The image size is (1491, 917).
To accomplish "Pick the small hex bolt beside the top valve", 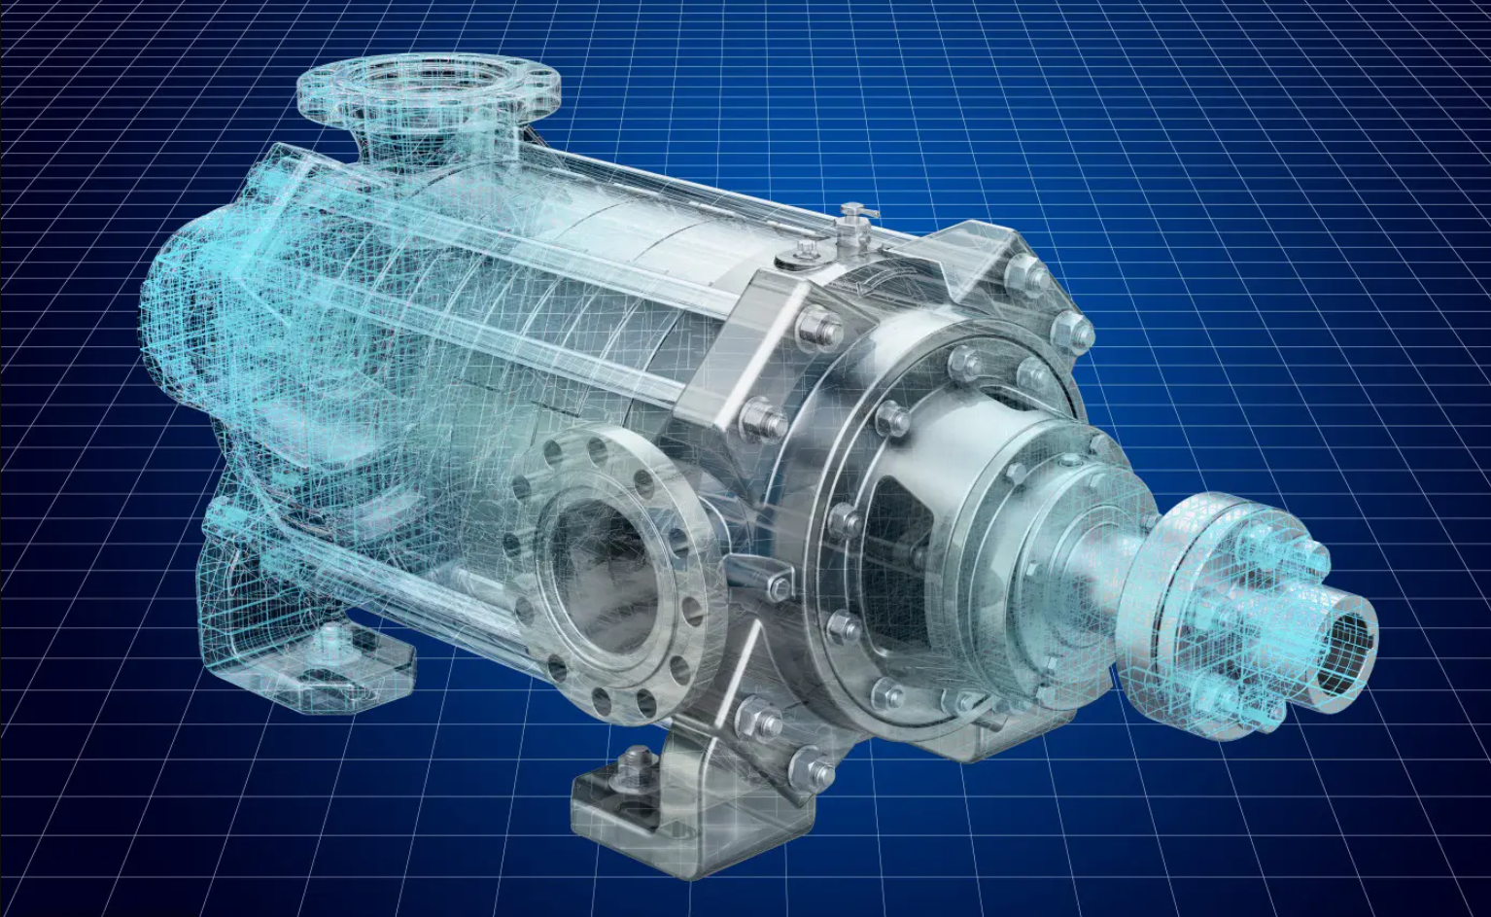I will (805, 255).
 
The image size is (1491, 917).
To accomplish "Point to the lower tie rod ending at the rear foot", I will (389, 594).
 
